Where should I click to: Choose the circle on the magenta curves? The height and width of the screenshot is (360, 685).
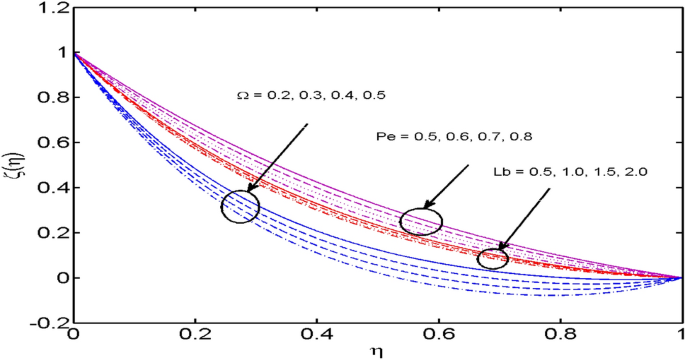point(421,221)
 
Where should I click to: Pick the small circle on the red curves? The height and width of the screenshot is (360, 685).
point(493,258)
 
